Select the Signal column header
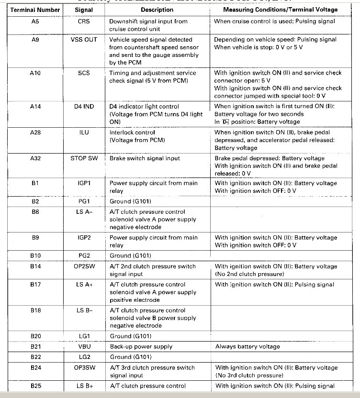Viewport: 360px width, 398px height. click(x=84, y=10)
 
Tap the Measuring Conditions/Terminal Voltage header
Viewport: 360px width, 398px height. click(x=282, y=10)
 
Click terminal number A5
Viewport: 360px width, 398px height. click(x=36, y=22)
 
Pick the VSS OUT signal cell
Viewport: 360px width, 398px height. click(x=84, y=40)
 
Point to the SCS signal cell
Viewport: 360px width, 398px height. click(x=84, y=73)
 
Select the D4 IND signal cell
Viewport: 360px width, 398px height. click(x=84, y=107)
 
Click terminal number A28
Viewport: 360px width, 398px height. click(x=36, y=133)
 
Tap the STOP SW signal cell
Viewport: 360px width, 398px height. click(x=84, y=158)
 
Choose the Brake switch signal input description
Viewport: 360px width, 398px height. click(x=145, y=158)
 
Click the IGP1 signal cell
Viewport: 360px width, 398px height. click(x=84, y=183)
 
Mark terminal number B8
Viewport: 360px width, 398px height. click(x=36, y=212)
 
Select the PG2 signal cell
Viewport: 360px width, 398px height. click(x=84, y=256)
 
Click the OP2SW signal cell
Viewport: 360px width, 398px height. click(x=84, y=266)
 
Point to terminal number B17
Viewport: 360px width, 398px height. click(x=36, y=285)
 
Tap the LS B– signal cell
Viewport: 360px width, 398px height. click(x=84, y=310)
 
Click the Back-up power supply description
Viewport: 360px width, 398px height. click(x=141, y=346)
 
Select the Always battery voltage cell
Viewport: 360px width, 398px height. click(x=247, y=346)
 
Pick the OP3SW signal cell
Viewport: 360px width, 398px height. click(x=84, y=368)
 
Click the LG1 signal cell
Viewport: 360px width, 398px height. click(x=84, y=336)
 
